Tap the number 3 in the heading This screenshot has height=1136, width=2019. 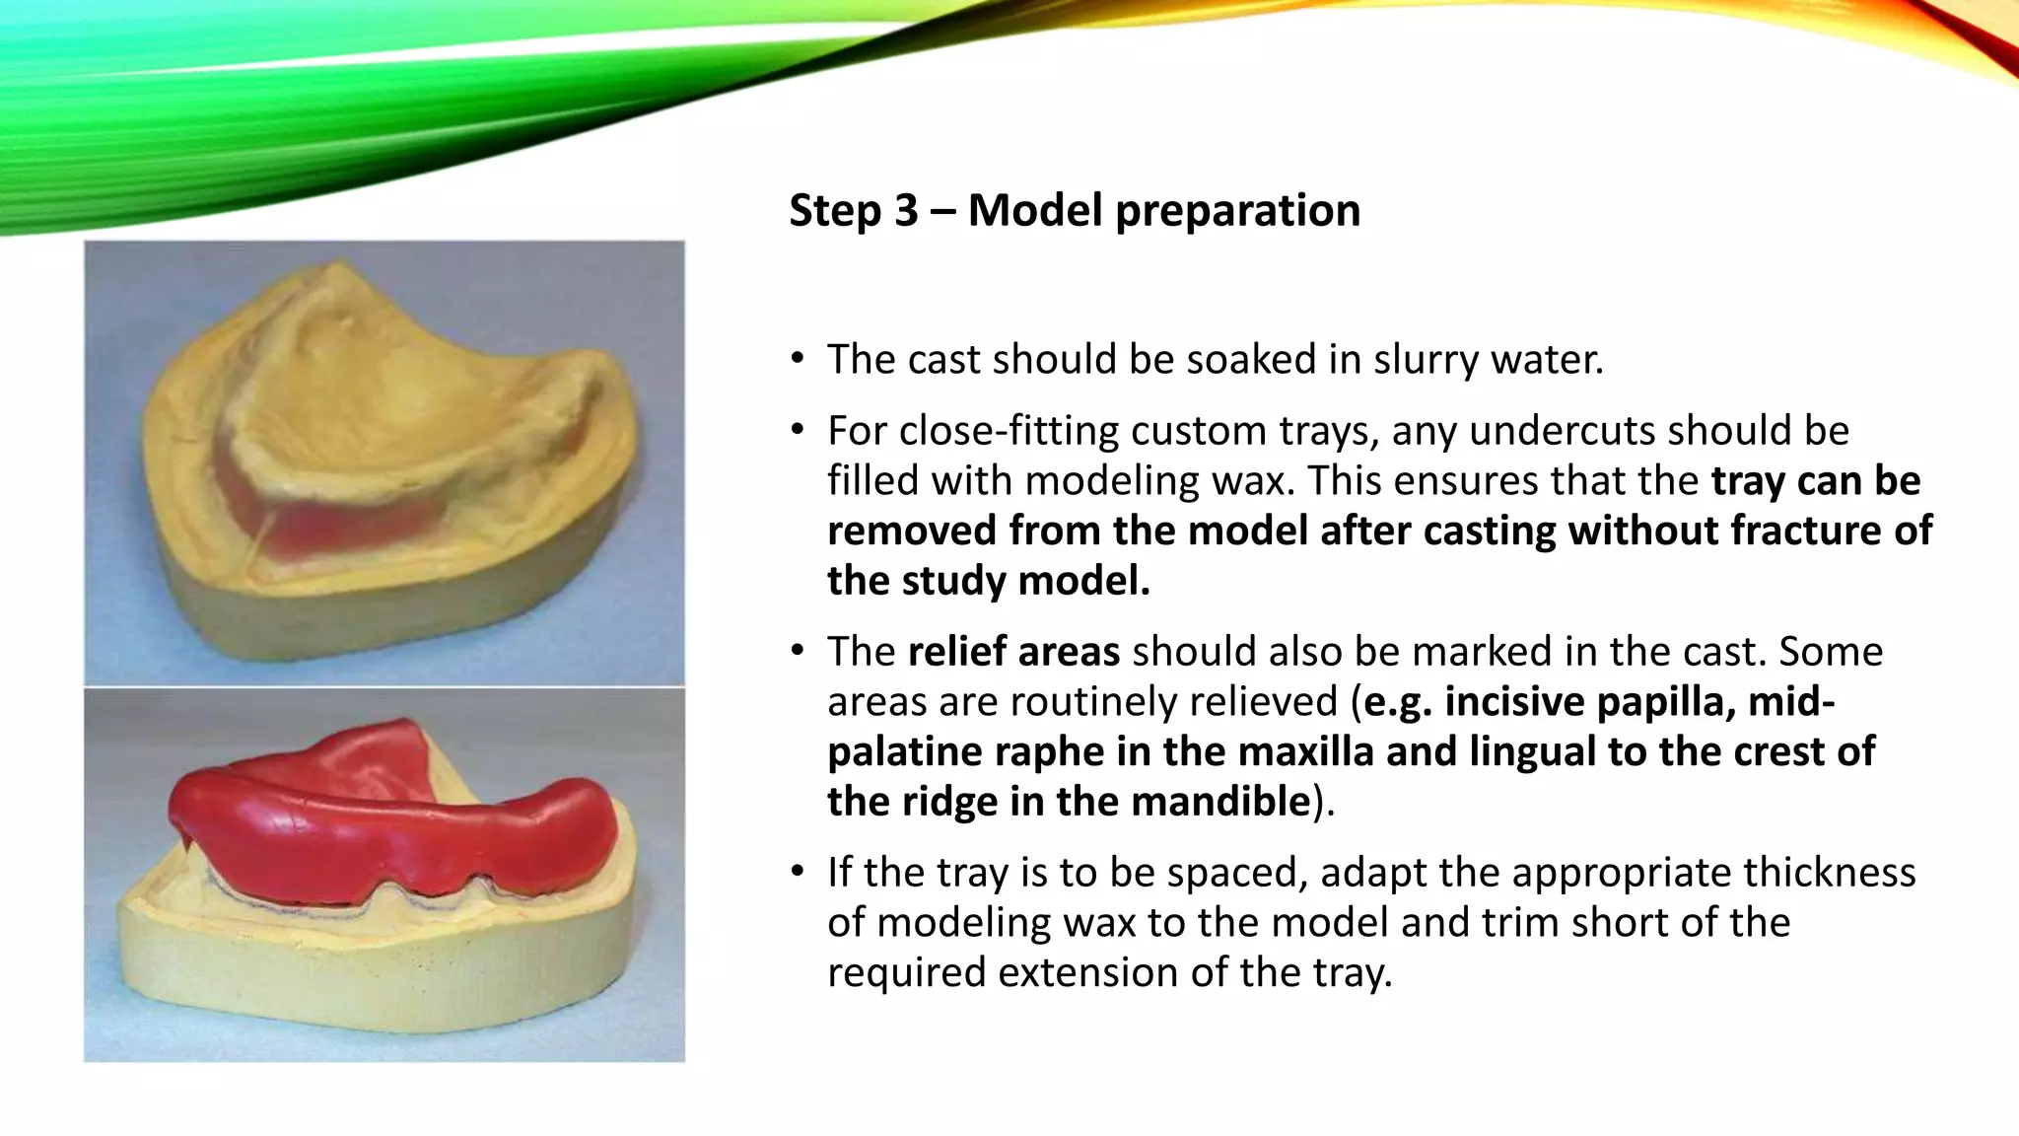pos(906,210)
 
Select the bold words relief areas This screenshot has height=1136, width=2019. pos(1013,652)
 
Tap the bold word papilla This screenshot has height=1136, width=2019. pos(1665,702)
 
